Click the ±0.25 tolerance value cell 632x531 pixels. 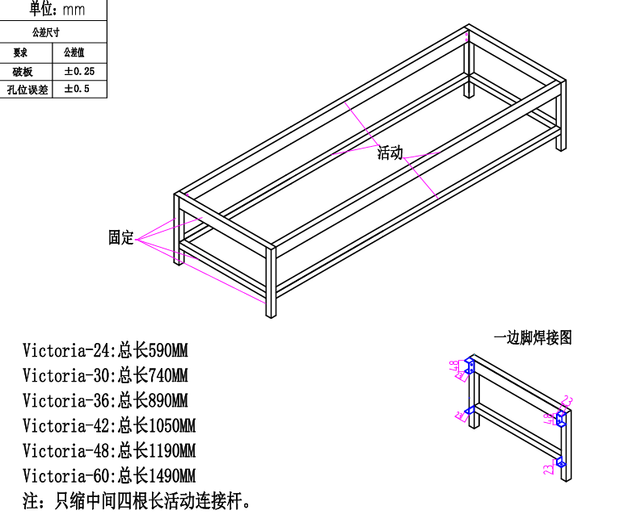[x=79, y=72]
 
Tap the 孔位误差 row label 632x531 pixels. [x=27, y=90]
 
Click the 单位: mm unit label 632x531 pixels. [x=57, y=10]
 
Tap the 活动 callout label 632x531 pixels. [x=390, y=153]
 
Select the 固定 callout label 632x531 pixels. [x=121, y=237]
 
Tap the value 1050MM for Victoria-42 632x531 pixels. [x=172, y=425]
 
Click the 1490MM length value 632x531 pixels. [x=172, y=475]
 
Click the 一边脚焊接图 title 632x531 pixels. [x=533, y=338]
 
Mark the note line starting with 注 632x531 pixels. [x=137, y=501]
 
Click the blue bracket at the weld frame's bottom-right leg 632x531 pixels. [x=561, y=462]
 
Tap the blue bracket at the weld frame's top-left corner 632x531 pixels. [x=470, y=366]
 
